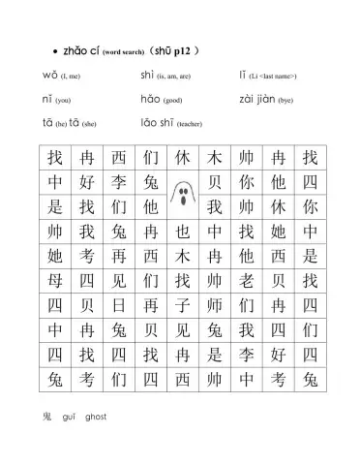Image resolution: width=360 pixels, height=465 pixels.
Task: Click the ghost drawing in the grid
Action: pos(181,195)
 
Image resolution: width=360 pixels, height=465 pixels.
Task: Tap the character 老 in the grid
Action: pos(246,281)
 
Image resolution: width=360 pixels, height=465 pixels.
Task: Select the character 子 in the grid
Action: pos(181,305)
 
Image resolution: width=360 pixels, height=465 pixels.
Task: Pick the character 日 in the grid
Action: pos(117,305)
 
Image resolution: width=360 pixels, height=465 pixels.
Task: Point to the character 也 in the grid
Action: pos(181,232)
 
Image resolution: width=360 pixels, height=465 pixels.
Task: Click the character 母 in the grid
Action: pos(53,281)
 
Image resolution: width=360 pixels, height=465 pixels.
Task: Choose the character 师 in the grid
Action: pos(214,305)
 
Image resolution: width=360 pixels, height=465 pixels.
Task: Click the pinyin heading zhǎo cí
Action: pos(81,48)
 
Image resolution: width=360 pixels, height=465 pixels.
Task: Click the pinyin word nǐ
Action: pos(47,99)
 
